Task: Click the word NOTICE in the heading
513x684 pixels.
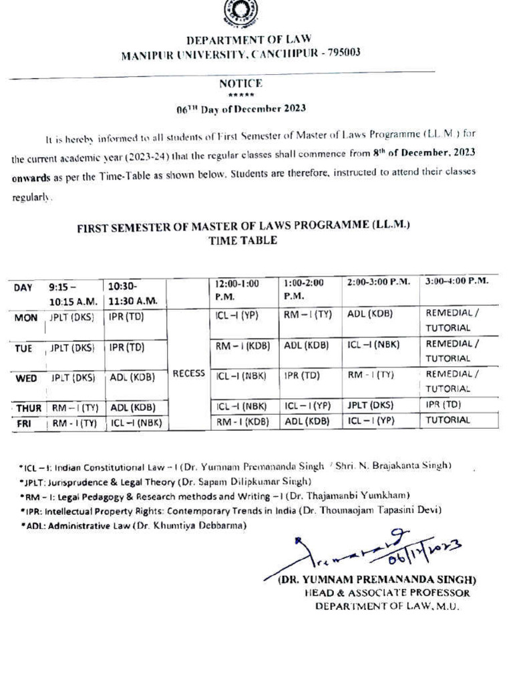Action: pos(240,83)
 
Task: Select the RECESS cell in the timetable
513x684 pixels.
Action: pos(188,374)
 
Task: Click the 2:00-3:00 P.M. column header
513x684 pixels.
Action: pos(378,282)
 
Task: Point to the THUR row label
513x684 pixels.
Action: pos(28,405)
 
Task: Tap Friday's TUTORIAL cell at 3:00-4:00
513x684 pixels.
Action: pos(448,421)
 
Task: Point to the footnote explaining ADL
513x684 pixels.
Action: pos(133,526)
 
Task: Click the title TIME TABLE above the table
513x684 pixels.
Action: pos(243,240)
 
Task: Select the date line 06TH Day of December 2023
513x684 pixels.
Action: pos(240,108)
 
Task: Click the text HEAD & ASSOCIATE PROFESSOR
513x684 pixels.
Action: pos(387,592)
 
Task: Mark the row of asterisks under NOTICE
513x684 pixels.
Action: pos(240,95)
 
